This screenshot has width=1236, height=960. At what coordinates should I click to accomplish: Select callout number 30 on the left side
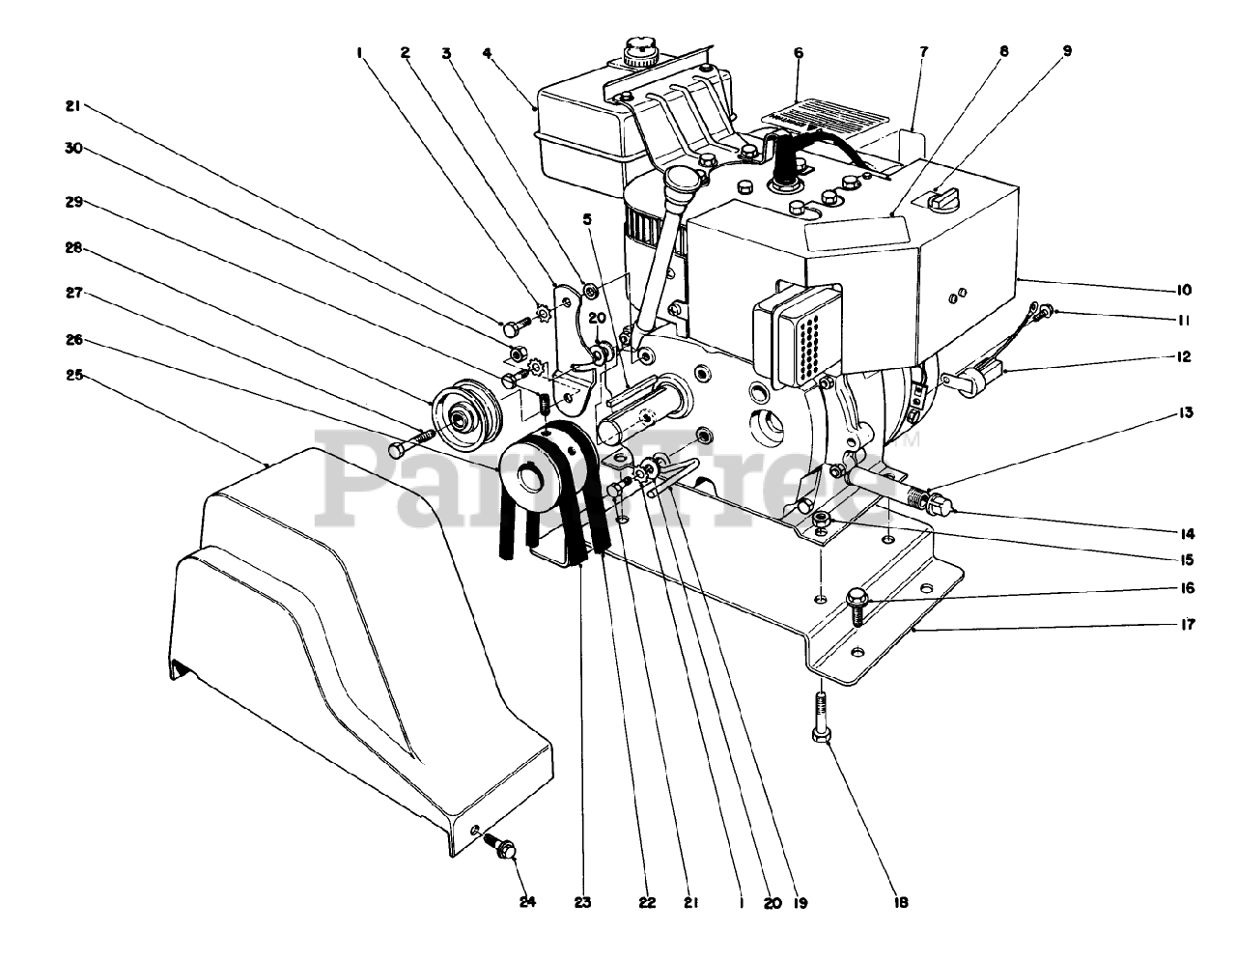point(75,149)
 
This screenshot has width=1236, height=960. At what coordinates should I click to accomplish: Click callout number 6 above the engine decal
point(798,53)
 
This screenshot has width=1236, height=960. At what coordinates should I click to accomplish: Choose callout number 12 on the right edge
point(1183,356)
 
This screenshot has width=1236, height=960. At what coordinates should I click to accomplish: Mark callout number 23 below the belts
point(582,903)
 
